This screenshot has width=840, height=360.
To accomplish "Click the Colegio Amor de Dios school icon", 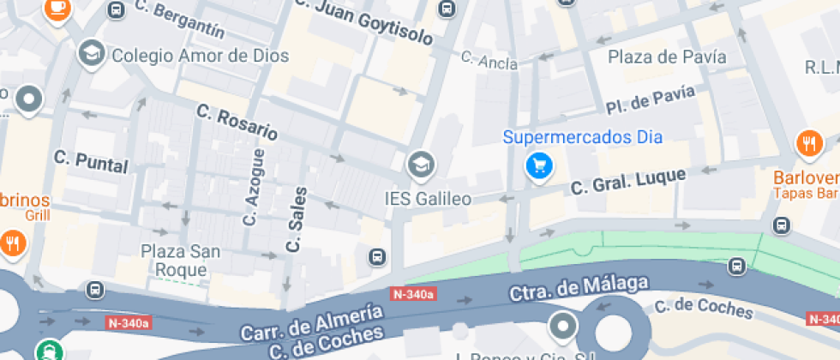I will [90, 54].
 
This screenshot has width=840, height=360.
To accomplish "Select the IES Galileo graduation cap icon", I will [420, 164].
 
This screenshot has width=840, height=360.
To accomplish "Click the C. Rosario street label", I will [237, 122].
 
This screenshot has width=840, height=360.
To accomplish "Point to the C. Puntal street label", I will [90, 160].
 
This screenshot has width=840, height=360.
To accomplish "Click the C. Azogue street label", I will [253, 187].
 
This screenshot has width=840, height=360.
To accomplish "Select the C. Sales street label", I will [296, 219].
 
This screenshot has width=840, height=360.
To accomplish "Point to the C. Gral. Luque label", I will [628, 181].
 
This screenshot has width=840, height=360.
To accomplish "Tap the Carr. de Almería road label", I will [311, 321].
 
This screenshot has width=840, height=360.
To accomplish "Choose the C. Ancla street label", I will [489, 60].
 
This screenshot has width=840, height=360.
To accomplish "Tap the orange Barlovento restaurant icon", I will [809, 145].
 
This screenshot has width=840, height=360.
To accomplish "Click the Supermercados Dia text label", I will [582, 136].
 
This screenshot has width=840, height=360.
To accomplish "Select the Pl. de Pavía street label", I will [649, 101].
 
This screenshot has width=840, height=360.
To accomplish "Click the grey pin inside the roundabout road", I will [563, 326].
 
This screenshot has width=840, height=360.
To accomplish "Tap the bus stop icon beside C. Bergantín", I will [116, 10].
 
